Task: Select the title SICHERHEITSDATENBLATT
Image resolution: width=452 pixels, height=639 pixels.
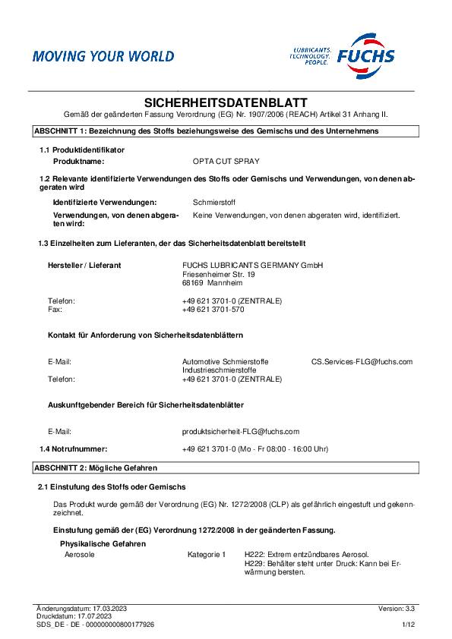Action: (x=226, y=102)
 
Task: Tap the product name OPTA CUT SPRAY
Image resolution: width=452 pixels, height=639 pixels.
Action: (x=226, y=162)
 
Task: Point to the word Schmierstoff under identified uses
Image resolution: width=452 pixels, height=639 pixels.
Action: (x=216, y=203)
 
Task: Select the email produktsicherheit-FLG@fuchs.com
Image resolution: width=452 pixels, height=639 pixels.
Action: (x=241, y=430)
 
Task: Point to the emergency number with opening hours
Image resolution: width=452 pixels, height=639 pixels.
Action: (x=255, y=449)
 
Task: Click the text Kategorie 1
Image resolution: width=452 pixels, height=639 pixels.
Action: (x=207, y=556)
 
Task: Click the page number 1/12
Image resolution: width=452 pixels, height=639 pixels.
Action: (x=408, y=624)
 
